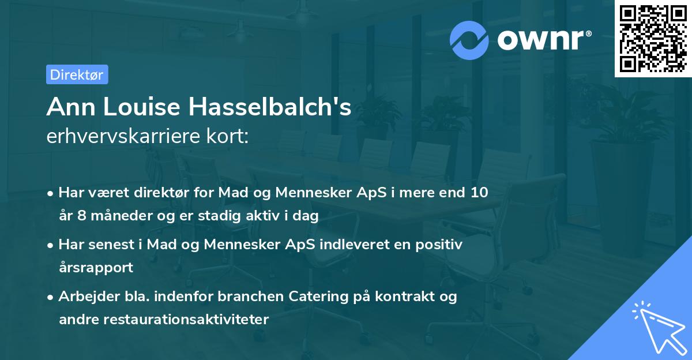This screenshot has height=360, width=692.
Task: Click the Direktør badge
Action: tap(77, 74)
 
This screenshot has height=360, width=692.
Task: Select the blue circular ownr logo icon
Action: tap(469, 40)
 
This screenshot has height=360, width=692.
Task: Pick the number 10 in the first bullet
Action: tap(479, 192)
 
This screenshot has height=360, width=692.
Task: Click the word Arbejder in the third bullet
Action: tap(84, 297)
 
